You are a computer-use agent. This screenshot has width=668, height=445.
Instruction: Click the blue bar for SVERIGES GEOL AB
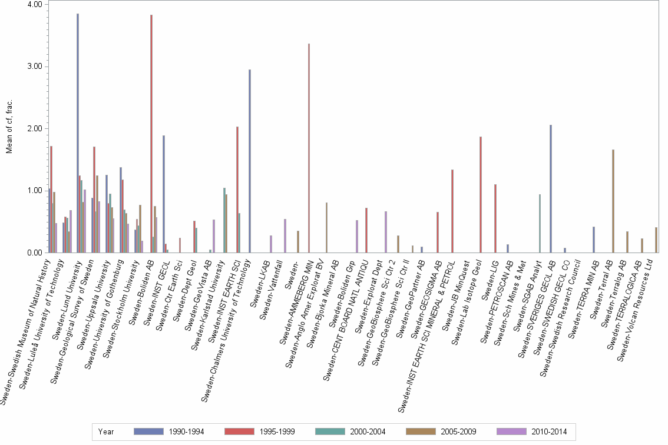point(550,189)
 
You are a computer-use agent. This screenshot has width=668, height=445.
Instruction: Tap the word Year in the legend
point(107,432)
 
